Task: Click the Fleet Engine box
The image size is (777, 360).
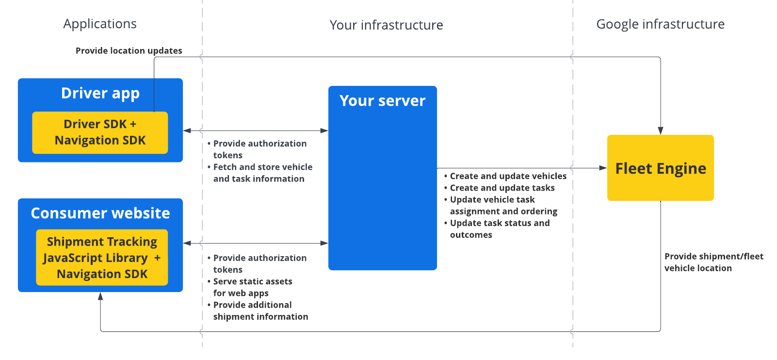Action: [x=660, y=168]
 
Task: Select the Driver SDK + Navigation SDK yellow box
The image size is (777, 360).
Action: [x=100, y=132]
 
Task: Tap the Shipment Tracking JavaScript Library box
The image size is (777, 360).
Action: [x=102, y=258]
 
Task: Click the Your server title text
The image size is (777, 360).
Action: [x=382, y=100]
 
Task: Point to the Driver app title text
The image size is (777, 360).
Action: [x=100, y=93]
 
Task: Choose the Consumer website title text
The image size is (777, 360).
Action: [x=100, y=213]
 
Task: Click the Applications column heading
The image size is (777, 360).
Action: [x=100, y=24]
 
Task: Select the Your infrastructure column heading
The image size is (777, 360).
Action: [x=386, y=25]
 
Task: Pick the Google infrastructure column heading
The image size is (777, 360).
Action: [x=660, y=24]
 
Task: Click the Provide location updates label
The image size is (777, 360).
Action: [x=129, y=50]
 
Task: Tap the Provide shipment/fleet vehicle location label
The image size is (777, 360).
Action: [x=713, y=262]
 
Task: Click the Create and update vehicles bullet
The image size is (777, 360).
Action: [x=508, y=176]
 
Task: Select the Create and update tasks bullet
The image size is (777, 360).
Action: [x=502, y=188]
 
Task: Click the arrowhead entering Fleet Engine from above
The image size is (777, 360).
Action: [x=661, y=131]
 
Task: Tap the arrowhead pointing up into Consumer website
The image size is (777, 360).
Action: [x=100, y=296]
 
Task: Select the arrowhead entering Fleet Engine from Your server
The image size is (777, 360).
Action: [x=603, y=168]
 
